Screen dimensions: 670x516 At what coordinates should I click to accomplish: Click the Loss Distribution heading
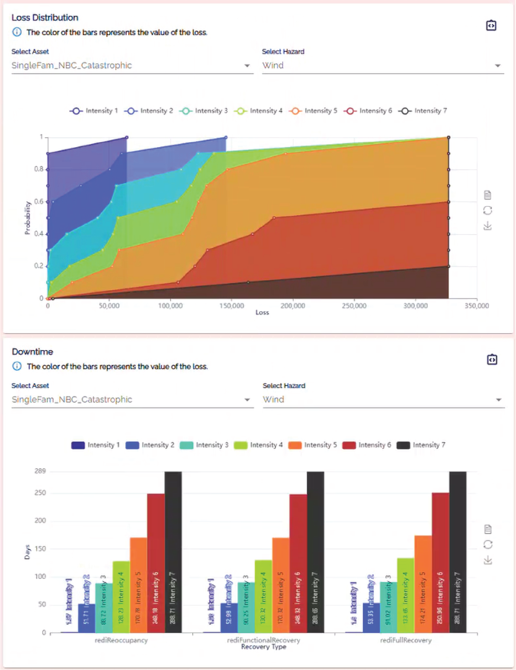pos(45,17)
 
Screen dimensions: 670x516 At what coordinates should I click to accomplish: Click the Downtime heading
pos(32,352)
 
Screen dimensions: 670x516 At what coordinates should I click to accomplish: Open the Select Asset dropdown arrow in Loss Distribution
pos(247,66)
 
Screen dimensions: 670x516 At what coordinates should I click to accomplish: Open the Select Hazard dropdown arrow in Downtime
pos(499,400)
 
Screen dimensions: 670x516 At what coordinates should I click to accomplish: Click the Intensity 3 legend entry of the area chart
pos(205,111)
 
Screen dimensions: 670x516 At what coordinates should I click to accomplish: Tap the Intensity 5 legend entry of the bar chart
pos(313,445)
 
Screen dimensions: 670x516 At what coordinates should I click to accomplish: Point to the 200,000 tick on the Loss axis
pos(293,306)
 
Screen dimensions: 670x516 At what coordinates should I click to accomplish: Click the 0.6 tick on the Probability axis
pos(39,202)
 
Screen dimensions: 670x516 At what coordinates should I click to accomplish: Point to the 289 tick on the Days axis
pos(40,471)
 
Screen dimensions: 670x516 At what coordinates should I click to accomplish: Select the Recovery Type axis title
pos(263,647)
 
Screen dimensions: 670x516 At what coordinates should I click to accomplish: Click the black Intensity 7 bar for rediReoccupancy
pos(173,552)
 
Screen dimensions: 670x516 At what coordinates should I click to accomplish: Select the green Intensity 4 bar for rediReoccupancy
pos(121,595)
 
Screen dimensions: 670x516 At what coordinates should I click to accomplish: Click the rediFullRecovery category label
pos(406,640)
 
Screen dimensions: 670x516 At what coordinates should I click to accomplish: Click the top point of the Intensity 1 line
pos(127,138)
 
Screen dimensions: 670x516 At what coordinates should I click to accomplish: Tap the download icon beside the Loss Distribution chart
pos(487,226)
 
